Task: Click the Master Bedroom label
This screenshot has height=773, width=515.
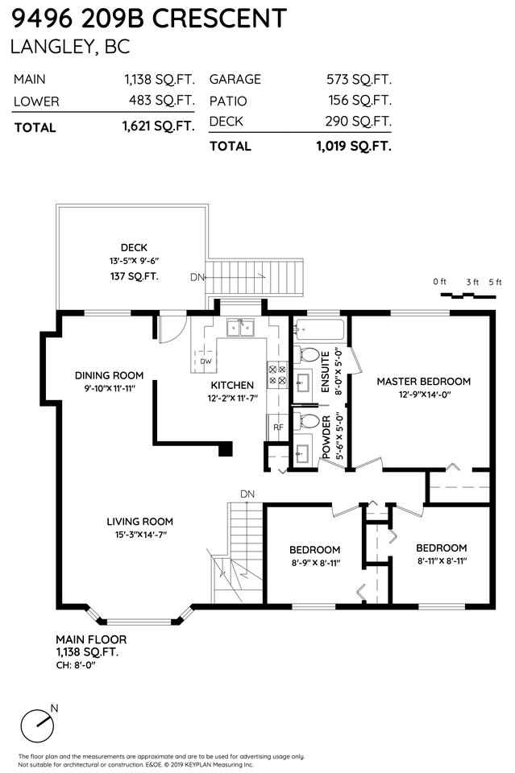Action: [x=424, y=381]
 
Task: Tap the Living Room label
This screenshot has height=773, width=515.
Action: [x=139, y=522]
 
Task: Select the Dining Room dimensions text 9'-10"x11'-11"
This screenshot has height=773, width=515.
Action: [x=110, y=388]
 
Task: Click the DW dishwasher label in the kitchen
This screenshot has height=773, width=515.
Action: [x=206, y=362]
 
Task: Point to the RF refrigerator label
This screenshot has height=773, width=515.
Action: [x=278, y=427]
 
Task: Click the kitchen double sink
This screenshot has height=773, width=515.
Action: [x=240, y=328]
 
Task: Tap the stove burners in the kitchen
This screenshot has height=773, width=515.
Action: [x=276, y=374]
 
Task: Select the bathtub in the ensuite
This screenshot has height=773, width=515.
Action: [x=319, y=330]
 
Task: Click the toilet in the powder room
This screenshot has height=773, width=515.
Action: [x=307, y=421]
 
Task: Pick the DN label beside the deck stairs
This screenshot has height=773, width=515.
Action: [x=197, y=277]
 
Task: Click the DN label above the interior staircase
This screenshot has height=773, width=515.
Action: [x=247, y=494]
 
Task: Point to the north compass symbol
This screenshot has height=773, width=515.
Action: [x=39, y=723]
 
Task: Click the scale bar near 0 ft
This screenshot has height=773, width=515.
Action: [x=467, y=296]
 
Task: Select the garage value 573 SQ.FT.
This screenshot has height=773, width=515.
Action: [x=359, y=79]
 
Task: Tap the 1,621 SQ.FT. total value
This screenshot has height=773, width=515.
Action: [x=158, y=126]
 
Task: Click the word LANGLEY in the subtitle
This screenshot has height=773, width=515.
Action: [x=50, y=47]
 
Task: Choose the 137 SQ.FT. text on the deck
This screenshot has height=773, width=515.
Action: [x=134, y=276]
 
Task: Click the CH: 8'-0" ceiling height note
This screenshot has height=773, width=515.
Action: [x=76, y=665]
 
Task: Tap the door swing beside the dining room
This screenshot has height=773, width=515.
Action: [x=172, y=329]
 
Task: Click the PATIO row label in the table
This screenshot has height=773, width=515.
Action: [x=228, y=101]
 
